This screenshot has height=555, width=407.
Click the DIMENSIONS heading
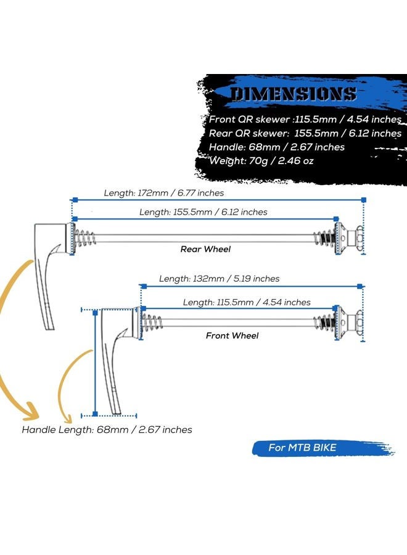[x=293, y=94]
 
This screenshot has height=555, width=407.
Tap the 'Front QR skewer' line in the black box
[x=305, y=119]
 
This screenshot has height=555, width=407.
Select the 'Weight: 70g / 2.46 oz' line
[x=261, y=161]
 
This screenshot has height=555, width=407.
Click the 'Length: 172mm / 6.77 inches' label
[x=164, y=193]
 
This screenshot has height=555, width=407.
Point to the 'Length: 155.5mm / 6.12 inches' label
[x=203, y=212]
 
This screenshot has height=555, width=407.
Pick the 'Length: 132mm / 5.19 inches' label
[x=219, y=279]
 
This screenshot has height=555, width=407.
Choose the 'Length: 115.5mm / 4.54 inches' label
[x=247, y=302]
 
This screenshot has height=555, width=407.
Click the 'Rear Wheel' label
[x=205, y=249]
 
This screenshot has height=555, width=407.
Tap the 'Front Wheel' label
[x=232, y=335]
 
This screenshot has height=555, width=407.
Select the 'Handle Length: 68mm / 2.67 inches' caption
[x=107, y=430]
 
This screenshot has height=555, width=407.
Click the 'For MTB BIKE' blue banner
[x=323, y=448]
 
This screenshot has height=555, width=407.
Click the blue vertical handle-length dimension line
[x=95, y=363]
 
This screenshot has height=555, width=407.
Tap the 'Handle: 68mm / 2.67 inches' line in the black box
[x=277, y=147]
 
